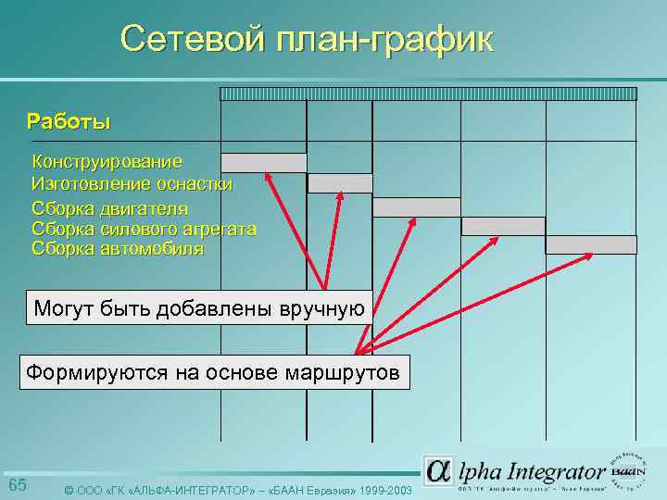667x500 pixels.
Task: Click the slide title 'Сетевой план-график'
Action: click(307, 39)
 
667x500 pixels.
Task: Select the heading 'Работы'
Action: click(69, 121)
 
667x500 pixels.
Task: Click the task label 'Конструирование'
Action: click(107, 162)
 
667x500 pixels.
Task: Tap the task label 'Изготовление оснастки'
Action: click(132, 184)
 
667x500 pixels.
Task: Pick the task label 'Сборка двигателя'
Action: click(109, 207)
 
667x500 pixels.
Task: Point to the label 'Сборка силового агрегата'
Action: click(144, 228)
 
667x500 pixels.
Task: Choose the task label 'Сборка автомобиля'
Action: click(117, 248)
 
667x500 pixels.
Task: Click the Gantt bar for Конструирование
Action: click(263, 163)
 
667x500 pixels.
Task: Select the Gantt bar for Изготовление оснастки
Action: click(339, 183)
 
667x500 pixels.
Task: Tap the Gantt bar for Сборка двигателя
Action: click(416, 206)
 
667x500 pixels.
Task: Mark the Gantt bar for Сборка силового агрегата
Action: click(503, 226)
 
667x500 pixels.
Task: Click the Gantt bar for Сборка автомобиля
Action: click(590, 244)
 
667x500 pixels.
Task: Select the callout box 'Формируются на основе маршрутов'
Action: click(214, 373)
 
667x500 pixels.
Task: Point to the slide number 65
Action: click(18, 486)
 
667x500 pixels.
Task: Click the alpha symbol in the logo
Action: click(439, 470)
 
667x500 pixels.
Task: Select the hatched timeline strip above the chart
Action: click(428, 94)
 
